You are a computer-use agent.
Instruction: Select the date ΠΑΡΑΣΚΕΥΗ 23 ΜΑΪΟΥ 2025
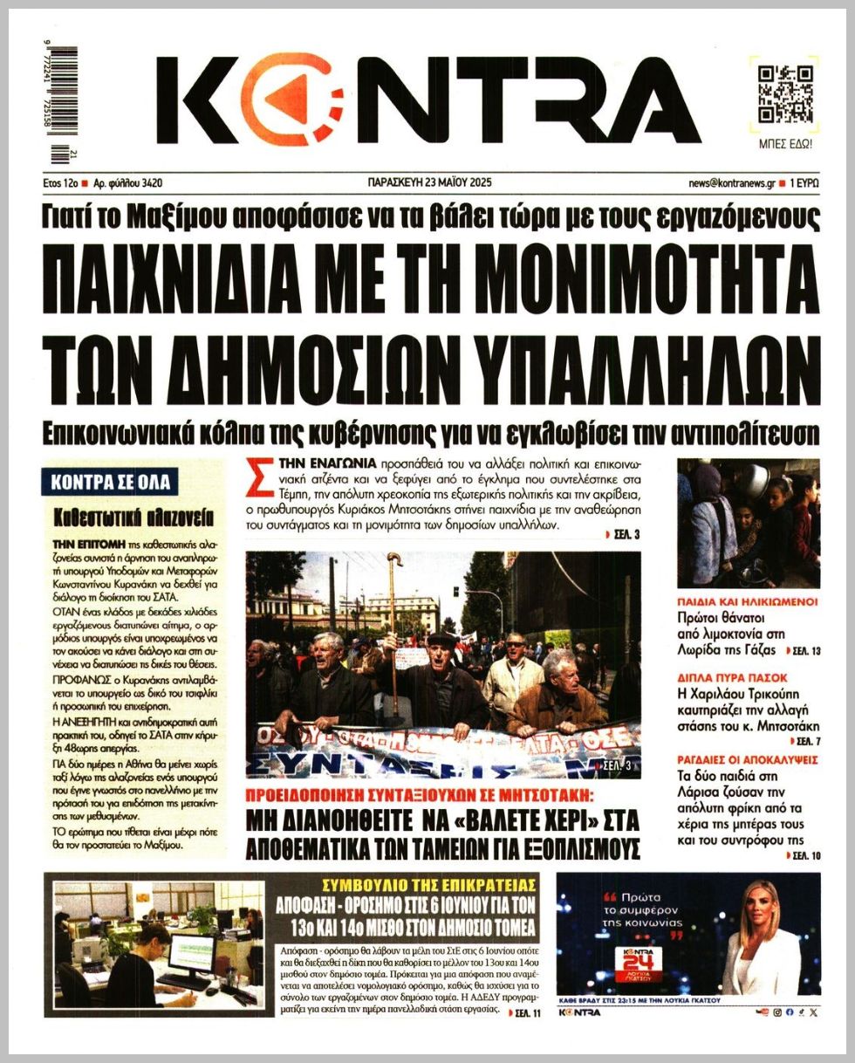[430, 183]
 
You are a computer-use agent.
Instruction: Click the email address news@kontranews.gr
[731, 183]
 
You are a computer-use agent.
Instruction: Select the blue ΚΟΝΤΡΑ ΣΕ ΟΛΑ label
[109, 482]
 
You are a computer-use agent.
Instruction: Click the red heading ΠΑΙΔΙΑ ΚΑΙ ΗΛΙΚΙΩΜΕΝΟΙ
[747, 601]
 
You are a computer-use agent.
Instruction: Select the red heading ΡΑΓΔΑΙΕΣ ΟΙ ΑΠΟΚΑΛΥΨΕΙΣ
[749, 759]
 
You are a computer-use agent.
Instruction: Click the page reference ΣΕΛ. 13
[803, 651]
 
